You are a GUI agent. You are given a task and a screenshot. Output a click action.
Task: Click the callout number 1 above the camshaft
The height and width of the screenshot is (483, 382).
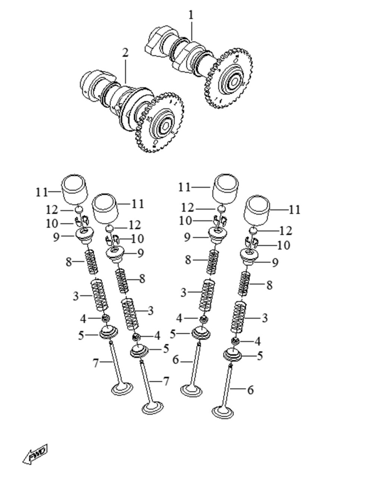[191, 16]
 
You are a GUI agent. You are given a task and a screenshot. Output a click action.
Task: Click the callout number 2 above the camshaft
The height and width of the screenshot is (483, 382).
[125, 53]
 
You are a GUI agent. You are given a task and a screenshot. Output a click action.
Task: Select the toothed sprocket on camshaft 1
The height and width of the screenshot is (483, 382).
[228, 78]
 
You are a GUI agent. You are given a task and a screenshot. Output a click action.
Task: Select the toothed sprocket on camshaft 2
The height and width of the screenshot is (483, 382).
[159, 123]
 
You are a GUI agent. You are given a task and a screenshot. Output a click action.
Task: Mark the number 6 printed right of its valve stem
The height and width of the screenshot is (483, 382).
[250, 390]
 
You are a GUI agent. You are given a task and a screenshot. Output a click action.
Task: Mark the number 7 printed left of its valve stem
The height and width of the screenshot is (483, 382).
[96, 363]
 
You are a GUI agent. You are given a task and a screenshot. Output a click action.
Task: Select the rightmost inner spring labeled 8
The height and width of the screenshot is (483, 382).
[244, 284]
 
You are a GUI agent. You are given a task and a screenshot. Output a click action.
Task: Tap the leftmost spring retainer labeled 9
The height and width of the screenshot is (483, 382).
[84, 236]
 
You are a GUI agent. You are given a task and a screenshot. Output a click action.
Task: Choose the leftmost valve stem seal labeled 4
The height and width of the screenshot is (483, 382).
[106, 318]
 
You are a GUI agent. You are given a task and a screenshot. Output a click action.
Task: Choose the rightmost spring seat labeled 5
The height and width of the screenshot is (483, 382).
[232, 355]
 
